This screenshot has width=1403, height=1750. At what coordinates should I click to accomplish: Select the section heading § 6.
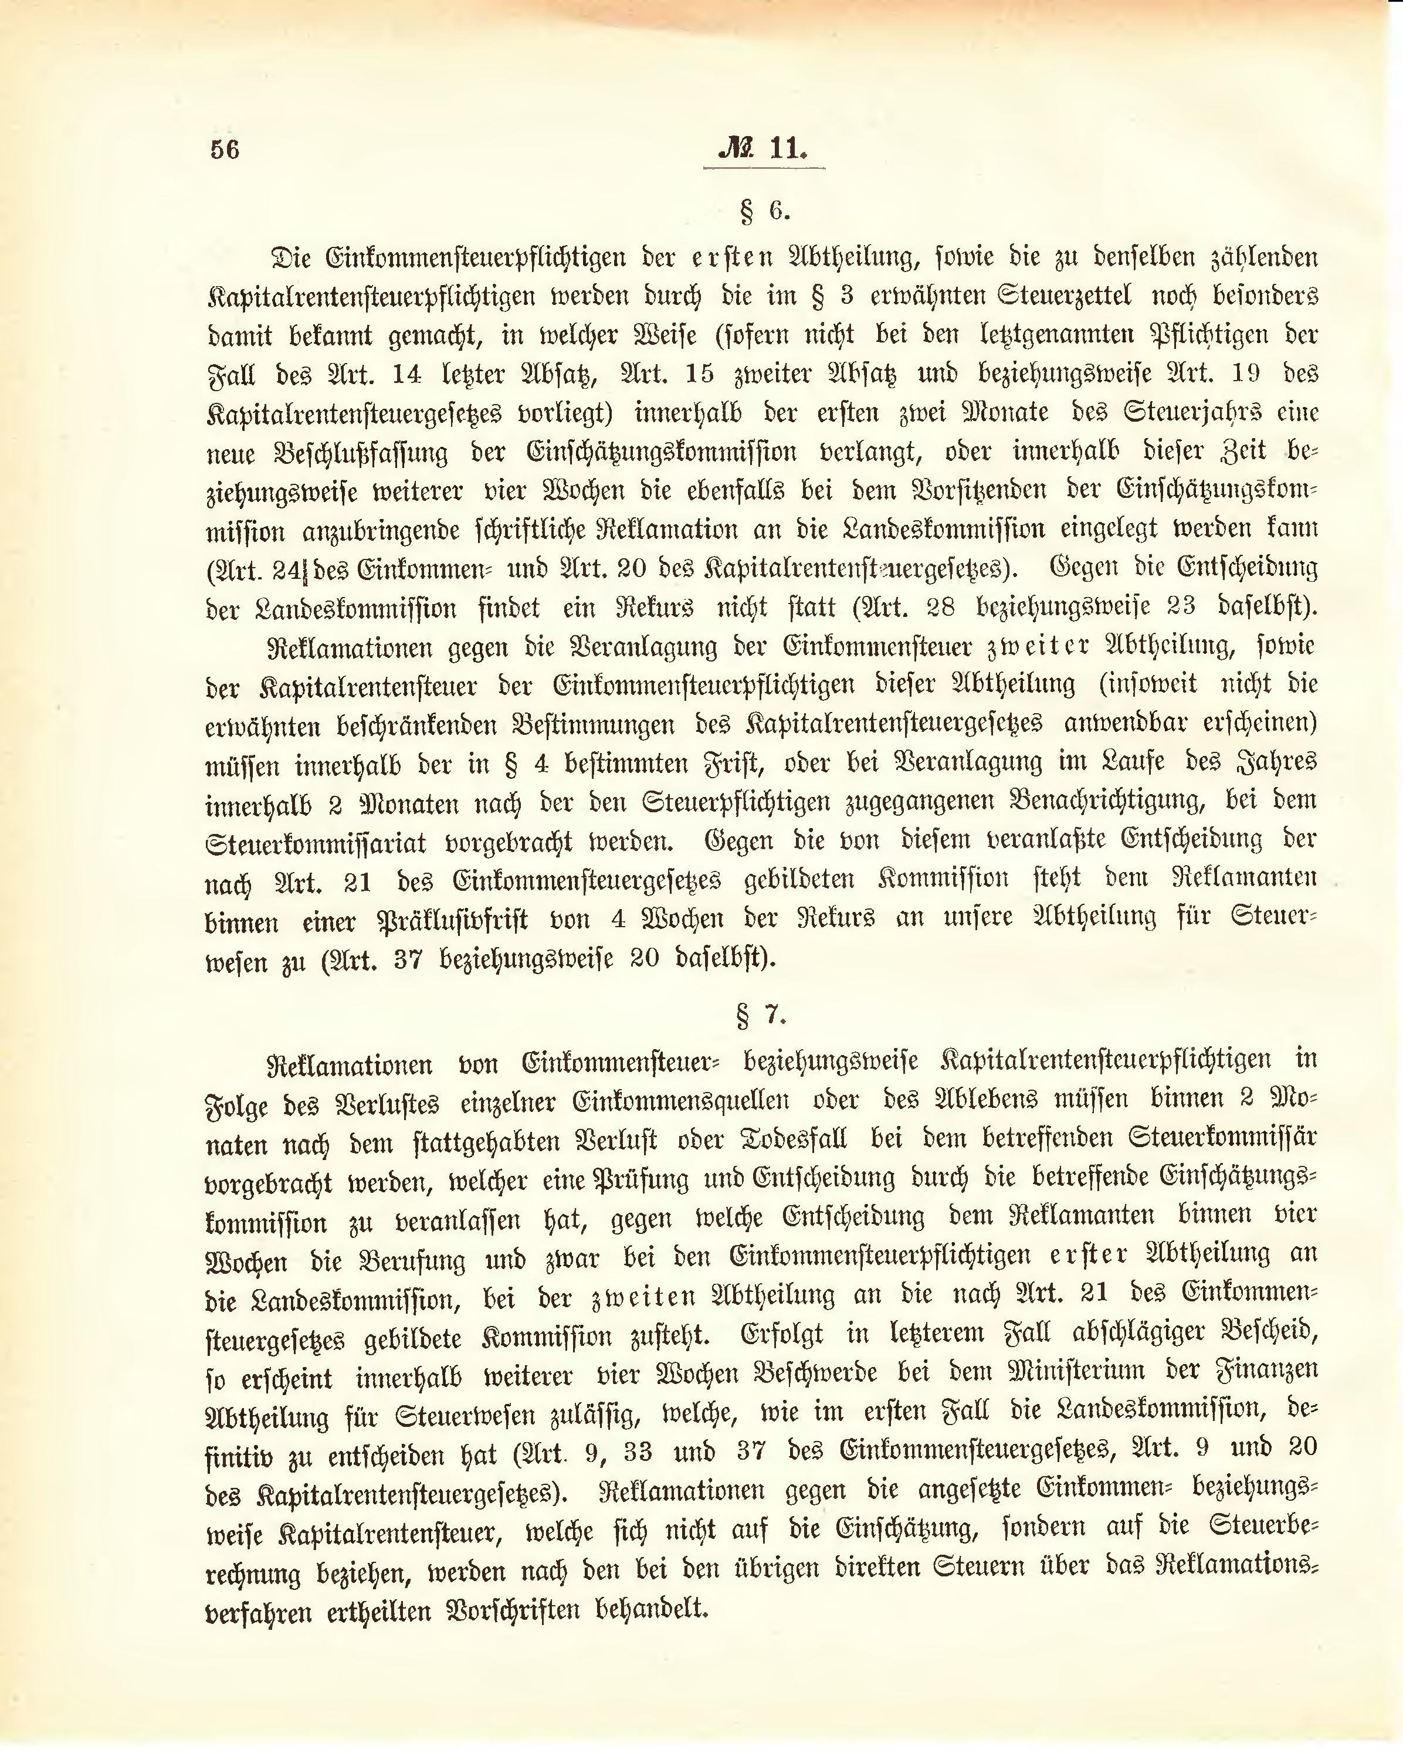coord(764,211)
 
